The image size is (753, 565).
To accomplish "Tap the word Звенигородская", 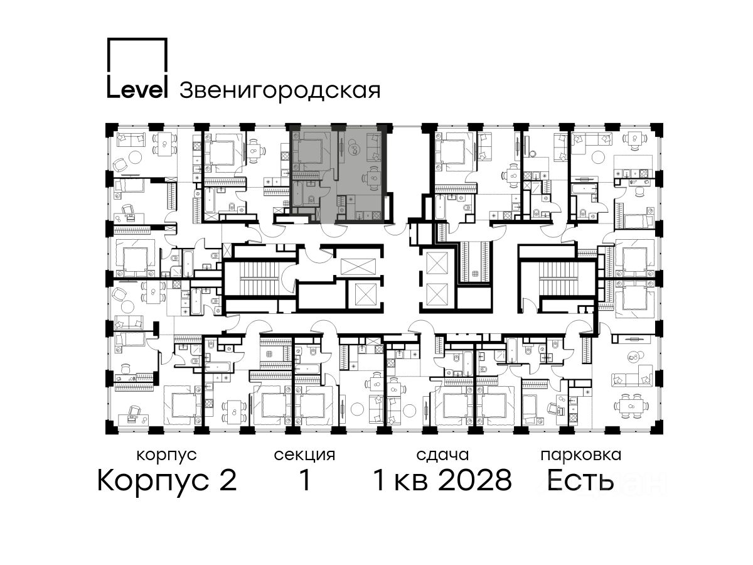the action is tap(280, 90).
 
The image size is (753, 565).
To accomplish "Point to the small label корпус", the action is tap(167, 455).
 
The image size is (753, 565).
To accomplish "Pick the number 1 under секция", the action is tap(304, 480).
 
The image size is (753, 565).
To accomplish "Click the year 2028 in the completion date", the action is tap(475, 480).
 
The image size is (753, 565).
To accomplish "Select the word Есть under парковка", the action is tap(580, 480).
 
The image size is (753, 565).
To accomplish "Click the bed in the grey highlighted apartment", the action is tap(311, 152).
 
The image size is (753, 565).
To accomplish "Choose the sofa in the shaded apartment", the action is tap(374, 148).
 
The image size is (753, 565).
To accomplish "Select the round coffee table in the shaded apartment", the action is tap(354, 149).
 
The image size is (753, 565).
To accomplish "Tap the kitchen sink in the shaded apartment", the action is tap(359, 215).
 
